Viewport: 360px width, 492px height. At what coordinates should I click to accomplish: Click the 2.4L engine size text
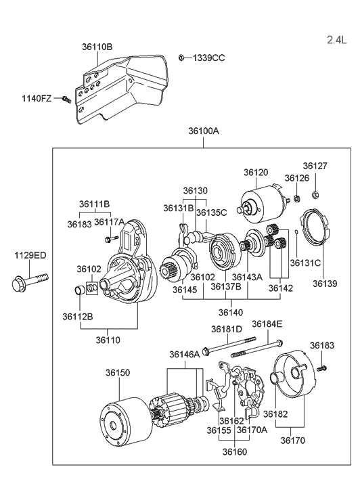coord(337,40)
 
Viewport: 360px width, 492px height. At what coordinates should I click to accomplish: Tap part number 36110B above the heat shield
coord(97,47)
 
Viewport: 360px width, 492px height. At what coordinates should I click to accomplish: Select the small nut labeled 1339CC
coord(181,58)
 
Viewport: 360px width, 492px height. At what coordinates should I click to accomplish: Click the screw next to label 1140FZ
coord(67,99)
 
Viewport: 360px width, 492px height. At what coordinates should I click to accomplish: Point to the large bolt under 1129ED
coord(30,281)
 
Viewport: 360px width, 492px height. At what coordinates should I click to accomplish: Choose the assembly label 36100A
coord(204,131)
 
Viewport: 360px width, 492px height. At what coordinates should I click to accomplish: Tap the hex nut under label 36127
coord(315,195)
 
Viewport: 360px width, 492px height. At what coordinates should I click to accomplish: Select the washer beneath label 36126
coord(297,198)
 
